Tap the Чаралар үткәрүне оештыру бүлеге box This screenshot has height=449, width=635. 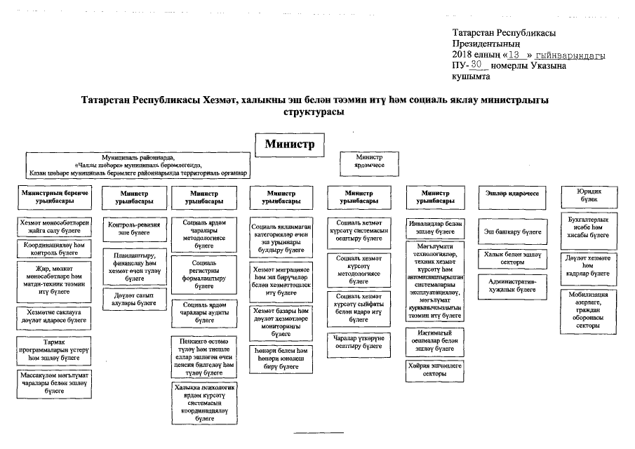(x=357, y=342)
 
